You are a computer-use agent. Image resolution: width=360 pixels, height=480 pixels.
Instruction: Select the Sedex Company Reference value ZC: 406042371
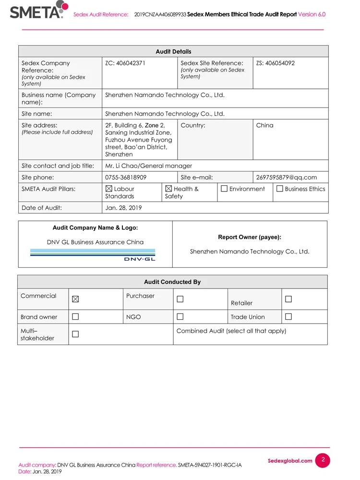[x=125, y=63]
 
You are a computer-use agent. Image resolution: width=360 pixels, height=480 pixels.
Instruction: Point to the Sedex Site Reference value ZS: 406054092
[x=275, y=63]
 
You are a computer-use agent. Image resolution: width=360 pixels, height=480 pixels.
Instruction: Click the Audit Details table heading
[x=173, y=51]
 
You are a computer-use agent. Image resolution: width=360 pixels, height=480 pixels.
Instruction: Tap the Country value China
[x=264, y=125]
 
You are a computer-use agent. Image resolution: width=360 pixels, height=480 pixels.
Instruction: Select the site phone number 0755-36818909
[x=126, y=177]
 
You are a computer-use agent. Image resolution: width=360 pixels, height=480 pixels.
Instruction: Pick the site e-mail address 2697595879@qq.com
[x=286, y=177]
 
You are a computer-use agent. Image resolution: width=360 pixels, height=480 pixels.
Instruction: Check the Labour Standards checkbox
[x=109, y=189]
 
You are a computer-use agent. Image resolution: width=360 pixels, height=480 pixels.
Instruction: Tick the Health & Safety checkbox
[x=168, y=189]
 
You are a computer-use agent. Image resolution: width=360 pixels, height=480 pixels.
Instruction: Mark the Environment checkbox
[x=224, y=189]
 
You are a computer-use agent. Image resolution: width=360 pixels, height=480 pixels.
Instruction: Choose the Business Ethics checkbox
[x=280, y=189]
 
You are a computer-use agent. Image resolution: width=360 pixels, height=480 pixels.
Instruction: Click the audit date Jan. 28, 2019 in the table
[x=123, y=208]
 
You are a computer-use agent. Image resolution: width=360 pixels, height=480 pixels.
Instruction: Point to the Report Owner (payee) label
[x=250, y=237]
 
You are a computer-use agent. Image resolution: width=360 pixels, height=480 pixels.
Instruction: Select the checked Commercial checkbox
[x=75, y=299]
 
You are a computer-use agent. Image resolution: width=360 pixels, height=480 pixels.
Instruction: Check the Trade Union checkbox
[x=288, y=317]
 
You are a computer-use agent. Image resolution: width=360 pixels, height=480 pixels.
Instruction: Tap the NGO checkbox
[x=180, y=317]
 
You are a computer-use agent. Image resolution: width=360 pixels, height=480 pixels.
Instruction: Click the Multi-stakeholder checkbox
[x=75, y=334]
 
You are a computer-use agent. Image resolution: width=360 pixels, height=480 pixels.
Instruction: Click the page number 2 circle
[x=323, y=460]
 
